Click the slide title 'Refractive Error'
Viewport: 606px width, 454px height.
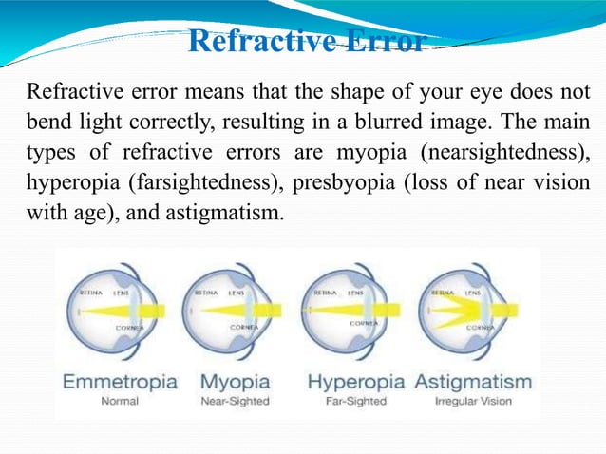305,43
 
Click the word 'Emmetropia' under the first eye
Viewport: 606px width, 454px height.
119,382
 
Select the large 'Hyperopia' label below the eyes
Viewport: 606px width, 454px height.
358,382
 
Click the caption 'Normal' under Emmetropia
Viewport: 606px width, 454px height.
119,401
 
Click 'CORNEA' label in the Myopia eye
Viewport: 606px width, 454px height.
241,327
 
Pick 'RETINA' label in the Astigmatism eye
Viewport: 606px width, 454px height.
444,294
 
